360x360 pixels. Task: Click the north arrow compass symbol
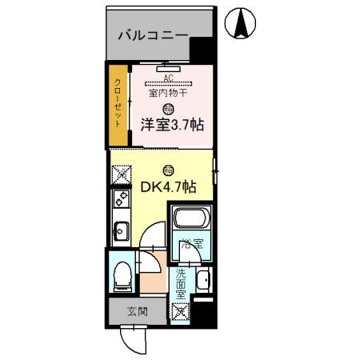pyautogui.click(x=240, y=25)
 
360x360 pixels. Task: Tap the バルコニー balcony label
pyautogui.click(x=153, y=35)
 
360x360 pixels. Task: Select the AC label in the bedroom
pyautogui.click(x=167, y=78)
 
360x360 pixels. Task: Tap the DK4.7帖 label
pyautogui.click(x=169, y=187)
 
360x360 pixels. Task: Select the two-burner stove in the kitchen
pyautogui.click(x=121, y=200)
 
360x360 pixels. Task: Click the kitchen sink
pyautogui.click(x=121, y=233)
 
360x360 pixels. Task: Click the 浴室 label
pyautogui.click(x=190, y=243)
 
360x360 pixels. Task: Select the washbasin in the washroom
pyautogui.click(x=203, y=279)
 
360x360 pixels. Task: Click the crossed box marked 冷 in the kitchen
pyautogui.click(x=122, y=172)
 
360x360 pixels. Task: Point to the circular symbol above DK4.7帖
pyautogui.click(x=167, y=170)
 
